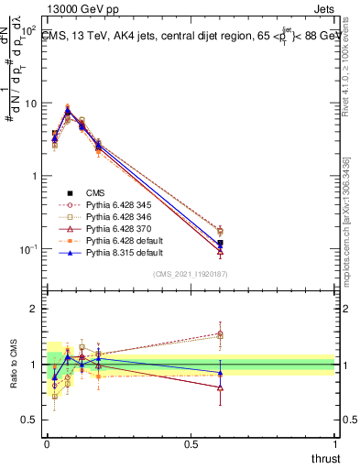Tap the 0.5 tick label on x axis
191,443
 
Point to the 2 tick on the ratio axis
35,309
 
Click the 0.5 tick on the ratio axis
30,421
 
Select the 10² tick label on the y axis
28,32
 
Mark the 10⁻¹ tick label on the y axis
28,249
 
